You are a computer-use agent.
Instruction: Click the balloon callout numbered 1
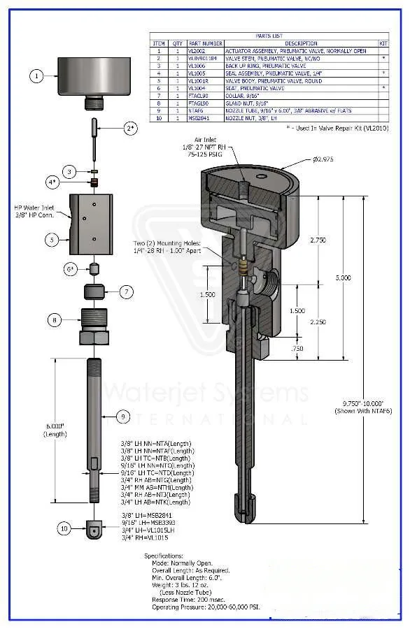pos(37,75)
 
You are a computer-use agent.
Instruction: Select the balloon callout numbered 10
pos(64,529)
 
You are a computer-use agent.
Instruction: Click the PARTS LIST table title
pos(269,36)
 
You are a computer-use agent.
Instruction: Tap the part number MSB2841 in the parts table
pos(199,118)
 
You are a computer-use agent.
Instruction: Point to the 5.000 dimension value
pos(362,277)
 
